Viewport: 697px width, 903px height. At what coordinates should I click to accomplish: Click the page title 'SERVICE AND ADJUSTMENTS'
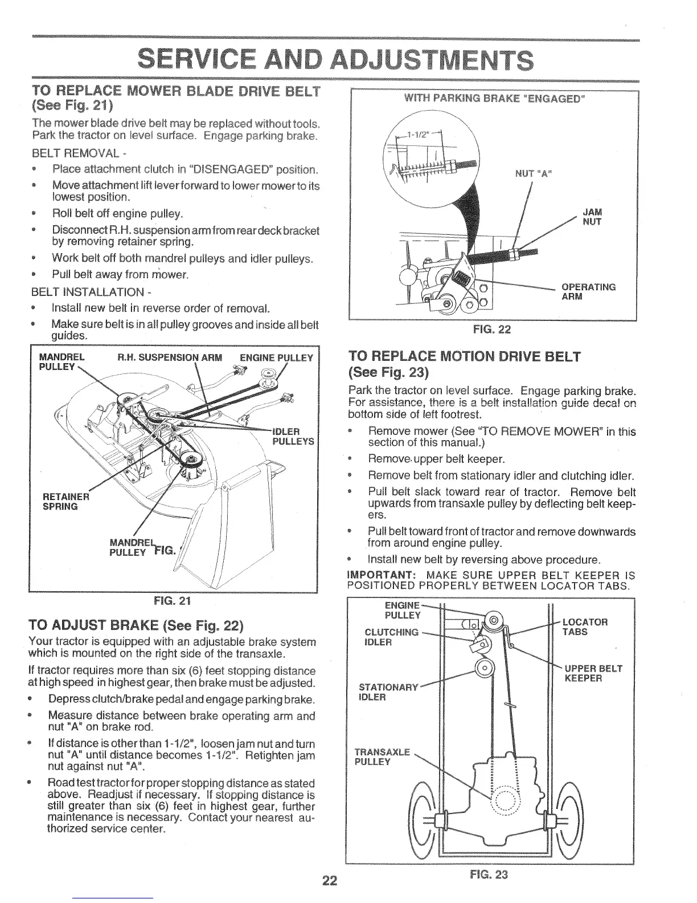[336, 59]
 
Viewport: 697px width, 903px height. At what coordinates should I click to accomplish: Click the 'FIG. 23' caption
[489, 875]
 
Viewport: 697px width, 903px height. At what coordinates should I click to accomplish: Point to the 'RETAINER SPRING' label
[62, 501]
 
